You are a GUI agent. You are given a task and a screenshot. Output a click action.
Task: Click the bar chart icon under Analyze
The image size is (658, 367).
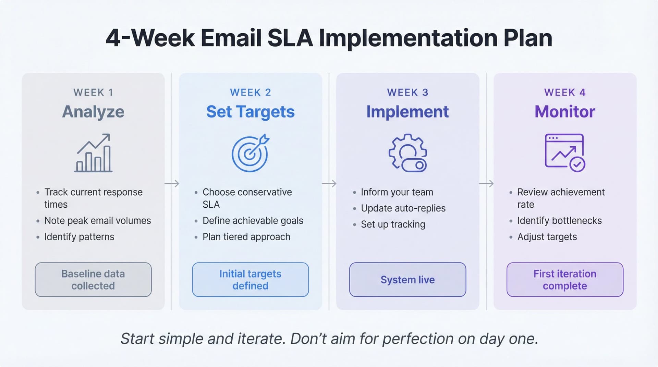click(x=93, y=153)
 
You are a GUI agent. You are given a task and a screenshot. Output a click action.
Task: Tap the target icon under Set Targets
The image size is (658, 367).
click(x=250, y=153)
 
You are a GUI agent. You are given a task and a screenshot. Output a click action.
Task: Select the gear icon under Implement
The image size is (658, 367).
click(x=407, y=153)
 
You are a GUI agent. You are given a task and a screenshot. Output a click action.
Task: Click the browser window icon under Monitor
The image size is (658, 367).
click(x=564, y=151)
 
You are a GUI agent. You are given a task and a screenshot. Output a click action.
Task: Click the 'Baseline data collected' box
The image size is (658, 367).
click(x=93, y=280)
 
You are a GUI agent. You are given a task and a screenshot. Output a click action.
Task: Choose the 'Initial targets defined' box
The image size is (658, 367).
click(x=250, y=280)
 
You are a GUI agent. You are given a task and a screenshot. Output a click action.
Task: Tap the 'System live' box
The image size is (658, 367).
click(x=407, y=280)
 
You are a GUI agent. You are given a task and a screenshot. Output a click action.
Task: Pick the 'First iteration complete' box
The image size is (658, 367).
click(x=565, y=280)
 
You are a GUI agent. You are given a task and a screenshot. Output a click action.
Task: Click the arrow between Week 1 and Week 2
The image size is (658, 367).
click(x=172, y=184)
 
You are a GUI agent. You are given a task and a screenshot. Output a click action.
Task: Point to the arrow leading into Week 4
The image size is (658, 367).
click(x=486, y=184)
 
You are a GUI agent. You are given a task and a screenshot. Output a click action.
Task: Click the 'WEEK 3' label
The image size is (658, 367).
click(x=407, y=93)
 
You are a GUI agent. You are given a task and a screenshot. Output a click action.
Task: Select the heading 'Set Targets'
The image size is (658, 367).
click(x=250, y=112)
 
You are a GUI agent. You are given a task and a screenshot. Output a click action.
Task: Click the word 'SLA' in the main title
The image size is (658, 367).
click(x=290, y=38)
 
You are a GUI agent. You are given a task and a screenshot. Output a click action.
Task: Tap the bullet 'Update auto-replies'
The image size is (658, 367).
click(x=403, y=208)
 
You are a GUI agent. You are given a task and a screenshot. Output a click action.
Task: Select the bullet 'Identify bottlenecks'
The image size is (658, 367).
click(x=559, y=221)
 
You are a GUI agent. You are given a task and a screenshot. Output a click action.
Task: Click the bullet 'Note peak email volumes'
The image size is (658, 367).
click(x=97, y=221)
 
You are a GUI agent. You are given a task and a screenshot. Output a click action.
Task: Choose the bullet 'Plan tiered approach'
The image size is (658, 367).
click(x=246, y=237)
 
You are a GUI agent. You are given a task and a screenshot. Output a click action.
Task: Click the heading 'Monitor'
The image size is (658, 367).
click(x=565, y=112)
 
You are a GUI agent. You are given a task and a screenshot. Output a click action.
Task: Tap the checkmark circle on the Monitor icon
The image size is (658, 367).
click(x=577, y=164)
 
